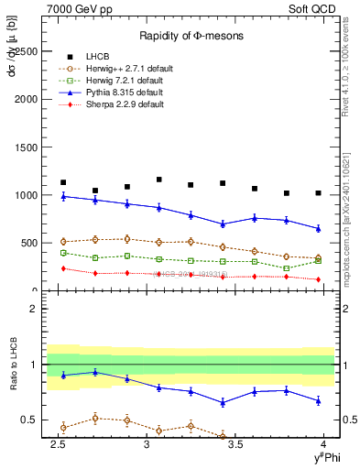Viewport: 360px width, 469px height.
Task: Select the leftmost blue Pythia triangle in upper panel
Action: pyautogui.click(x=63, y=196)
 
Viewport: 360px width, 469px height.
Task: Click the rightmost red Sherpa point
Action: pyautogui.click(x=318, y=279)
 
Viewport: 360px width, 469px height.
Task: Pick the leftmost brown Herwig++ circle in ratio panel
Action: pyautogui.click(x=63, y=427)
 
